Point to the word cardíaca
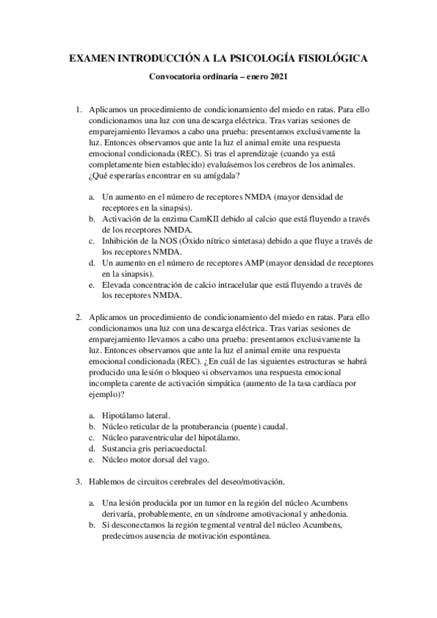(x=320, y=383)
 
